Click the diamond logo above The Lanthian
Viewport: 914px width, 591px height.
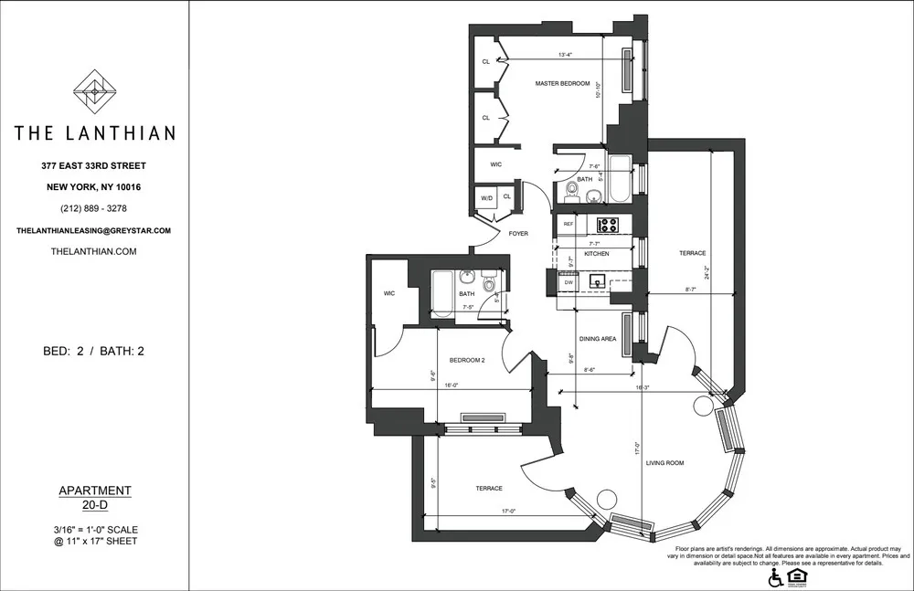94,90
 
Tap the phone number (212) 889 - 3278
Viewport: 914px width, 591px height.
94,208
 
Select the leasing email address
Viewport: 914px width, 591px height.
94,231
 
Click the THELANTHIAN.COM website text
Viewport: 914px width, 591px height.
94,251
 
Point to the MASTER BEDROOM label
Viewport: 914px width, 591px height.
562,84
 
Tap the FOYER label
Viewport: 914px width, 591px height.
517,234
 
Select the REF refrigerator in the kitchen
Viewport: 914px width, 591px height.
569,224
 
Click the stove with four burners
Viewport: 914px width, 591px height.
608,224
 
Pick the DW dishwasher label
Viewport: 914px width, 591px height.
568,283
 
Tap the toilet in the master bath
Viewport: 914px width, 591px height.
572,189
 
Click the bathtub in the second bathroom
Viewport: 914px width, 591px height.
441,293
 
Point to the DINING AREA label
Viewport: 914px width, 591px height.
598,339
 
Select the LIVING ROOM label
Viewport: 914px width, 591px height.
690,463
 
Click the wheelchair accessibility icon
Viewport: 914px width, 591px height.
775,577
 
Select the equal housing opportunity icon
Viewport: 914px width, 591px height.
797,576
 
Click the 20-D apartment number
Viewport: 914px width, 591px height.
94,504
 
